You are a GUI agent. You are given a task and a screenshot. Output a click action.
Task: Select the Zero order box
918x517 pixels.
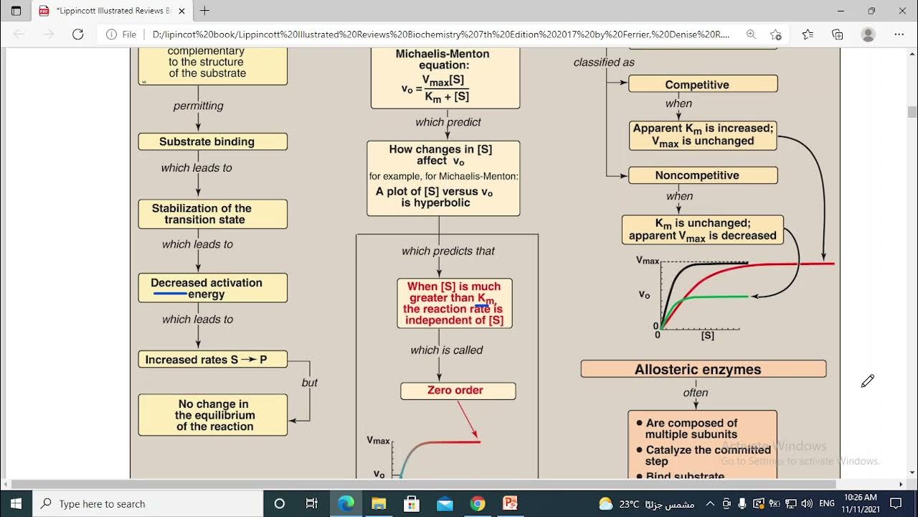point(458,391)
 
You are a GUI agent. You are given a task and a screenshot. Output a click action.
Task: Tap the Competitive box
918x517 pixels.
point(702,84)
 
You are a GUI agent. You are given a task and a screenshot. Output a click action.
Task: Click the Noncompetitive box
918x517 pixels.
point(702,175)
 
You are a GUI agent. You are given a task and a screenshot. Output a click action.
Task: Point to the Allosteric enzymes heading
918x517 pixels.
point(702,370)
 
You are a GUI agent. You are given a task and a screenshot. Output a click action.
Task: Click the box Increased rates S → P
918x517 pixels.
point(212,359)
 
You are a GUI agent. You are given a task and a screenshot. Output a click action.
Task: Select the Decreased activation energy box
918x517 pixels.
point(212,288)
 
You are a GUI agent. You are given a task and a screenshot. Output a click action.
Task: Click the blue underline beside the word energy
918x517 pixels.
point(170,294)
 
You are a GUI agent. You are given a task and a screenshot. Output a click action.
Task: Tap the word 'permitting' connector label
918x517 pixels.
point(198,106)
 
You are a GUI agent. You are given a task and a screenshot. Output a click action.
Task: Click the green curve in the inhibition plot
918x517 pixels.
point(717,297)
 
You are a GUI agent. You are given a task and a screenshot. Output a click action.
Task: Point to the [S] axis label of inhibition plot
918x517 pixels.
point(707,335)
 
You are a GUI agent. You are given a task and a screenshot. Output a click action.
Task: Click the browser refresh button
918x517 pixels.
point(78,34)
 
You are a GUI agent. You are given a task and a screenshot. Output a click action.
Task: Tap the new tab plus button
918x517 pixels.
point(204,11)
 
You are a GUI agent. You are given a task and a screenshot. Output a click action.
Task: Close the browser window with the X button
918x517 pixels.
point(902,11)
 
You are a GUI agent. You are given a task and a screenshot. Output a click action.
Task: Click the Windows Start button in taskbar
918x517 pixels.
point(16,503)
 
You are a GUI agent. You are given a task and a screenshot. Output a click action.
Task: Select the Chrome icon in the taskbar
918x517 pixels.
point(478,503)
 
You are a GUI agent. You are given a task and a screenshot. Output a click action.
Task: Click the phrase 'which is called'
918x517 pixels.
point(446,350)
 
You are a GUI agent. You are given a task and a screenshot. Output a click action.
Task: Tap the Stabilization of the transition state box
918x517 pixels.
point(212,214)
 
